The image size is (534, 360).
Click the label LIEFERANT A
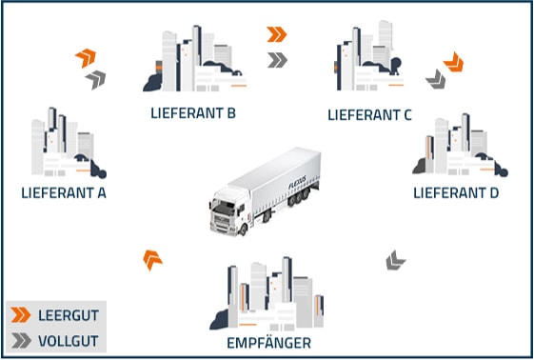63,192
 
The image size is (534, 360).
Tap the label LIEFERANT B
193,113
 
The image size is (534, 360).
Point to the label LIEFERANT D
457,193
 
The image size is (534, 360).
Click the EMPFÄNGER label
270,342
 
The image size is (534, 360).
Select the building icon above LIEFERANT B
190,61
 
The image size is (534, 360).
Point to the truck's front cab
227,209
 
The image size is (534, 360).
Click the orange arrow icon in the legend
20,314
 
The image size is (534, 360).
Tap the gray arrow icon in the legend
20,339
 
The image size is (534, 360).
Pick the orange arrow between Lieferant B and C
277,34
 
